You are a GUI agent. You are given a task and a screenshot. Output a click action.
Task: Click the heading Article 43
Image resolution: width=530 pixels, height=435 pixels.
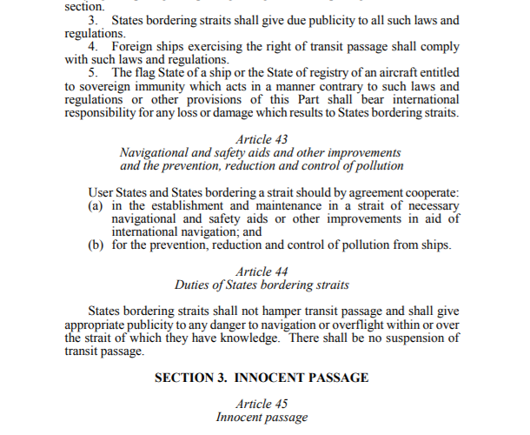click(x=262, y=138)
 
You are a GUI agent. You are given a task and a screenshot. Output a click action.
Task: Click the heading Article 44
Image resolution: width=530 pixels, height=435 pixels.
click(x=262, y=271)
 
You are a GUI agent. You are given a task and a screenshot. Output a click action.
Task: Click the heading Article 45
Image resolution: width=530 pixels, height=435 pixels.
click(x=262, y=405)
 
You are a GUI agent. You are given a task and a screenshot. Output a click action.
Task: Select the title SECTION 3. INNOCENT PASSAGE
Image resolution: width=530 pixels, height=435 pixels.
click(x=262, y=378)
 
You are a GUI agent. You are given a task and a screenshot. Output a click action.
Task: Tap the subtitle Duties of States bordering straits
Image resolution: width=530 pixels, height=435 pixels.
click(x=262, y=284)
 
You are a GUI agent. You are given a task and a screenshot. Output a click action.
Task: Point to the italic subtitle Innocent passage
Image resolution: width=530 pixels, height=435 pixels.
click(x=262, y=418)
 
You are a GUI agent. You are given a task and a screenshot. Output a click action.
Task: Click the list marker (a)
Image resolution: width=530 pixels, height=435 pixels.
click(x=96, y=206)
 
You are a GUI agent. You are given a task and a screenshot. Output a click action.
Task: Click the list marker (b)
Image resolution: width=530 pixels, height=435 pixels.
click(x=96, y=245)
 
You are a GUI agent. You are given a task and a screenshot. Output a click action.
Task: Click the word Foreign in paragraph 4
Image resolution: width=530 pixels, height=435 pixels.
click(x=133, y=45)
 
